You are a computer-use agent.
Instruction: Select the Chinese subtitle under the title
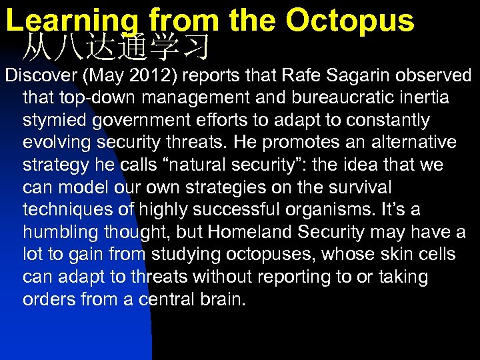coord(117,47)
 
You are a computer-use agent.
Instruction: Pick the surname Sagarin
coord(339,75)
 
